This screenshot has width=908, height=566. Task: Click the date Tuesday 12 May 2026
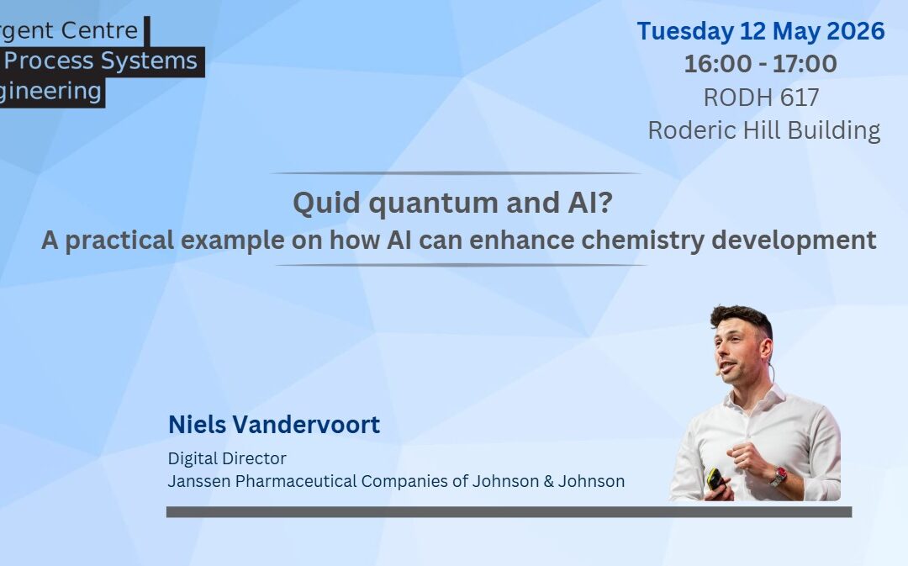[760, 32]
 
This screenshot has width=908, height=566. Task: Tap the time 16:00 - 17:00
[760, 64]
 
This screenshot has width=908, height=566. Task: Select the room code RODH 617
[761, 98]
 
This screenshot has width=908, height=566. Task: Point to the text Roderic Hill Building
[763, 130]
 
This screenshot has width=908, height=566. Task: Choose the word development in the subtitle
[794, 241]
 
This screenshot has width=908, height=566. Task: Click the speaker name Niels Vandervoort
[274, 425]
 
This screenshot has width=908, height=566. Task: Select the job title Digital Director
[227, 458]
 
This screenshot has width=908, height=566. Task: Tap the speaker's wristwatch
[779, 476]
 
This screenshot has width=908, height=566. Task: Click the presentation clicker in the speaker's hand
[715, 479]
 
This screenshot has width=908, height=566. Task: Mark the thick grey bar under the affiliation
[509, 511]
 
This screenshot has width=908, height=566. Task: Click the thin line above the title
[455, 173]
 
